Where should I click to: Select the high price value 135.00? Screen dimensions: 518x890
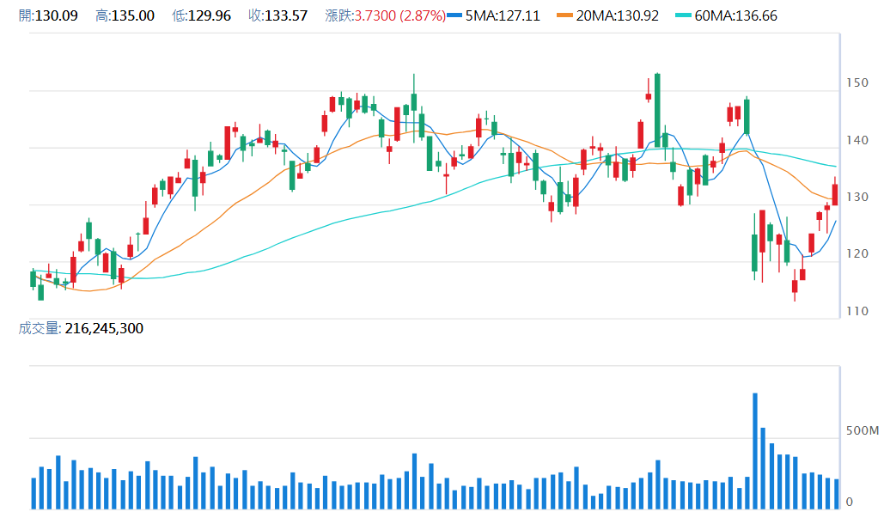coord(137,15)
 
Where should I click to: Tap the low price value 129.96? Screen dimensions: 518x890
coord(212,15)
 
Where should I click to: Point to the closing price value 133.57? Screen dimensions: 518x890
coord(289,15)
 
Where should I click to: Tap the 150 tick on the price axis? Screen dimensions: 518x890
coord(856,83)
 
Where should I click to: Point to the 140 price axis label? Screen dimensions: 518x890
coord(856,141)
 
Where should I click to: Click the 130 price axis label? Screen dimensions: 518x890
coord(856,198)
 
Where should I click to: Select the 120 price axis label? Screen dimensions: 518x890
coord(856,254)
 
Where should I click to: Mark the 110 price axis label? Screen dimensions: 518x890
coord(856,312)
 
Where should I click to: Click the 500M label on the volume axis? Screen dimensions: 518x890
coord(863,430)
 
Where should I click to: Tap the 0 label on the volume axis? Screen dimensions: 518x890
coord(850,502)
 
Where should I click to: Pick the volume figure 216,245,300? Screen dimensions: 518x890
coord(104,328)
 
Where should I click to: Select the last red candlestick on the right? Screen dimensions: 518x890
coord(834,194)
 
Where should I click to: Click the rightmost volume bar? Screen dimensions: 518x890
coord(836,494)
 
